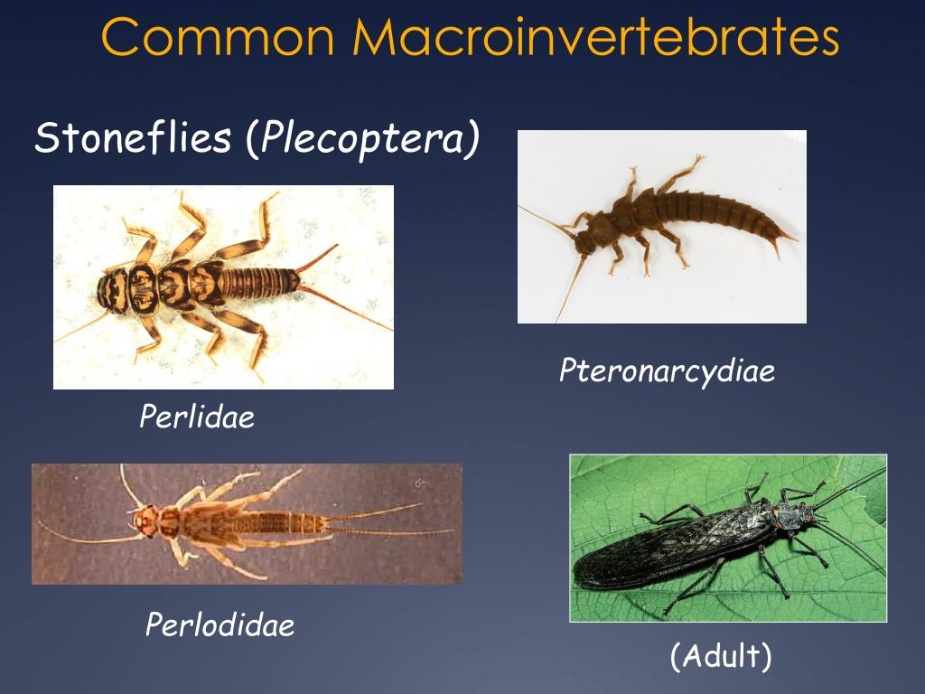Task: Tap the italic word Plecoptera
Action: (x=365, y=140)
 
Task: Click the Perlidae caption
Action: (x=197, y=417)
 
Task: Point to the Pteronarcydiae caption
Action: (x=667, y=370)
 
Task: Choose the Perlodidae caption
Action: (x=220, y=624)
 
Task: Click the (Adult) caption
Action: (x=721, y=657)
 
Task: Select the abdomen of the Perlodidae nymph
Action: (x=271, y=522)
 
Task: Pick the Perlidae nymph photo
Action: (x=223, y=286)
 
